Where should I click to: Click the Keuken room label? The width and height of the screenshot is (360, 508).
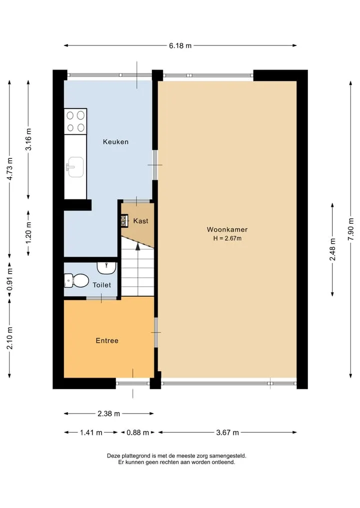[x=115, y=142]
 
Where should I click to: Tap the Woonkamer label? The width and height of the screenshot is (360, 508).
[x=227, y=230]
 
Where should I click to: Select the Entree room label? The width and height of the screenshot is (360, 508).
[x=107, y=341]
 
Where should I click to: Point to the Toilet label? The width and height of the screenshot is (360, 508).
[x=102, y=285]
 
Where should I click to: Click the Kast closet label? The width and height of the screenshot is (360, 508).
[x=141, y=221]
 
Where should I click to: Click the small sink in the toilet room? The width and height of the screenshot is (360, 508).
[x=106, y=268]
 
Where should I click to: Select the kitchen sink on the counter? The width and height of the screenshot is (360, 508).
[x=74, y=167]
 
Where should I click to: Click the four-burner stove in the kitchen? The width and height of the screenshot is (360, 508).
[x=75, y=121]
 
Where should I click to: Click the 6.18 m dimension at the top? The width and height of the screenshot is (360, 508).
[x=180, y=45]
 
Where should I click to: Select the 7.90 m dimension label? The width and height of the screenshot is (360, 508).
[x=350, y=229]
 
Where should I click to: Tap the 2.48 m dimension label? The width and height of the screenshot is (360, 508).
[x=332, y=249]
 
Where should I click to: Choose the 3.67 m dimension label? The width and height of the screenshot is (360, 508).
[x=227, y=433]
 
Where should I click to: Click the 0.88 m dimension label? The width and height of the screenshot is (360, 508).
[x=138, y=433]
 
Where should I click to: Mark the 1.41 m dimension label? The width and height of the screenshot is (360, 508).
[x=91, y=433]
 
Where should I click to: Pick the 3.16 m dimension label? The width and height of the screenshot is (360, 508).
[x=28, y=139]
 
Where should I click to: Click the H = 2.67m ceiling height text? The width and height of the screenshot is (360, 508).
[x=227, y=238]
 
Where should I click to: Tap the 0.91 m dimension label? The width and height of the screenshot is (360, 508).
[x=9, y=280]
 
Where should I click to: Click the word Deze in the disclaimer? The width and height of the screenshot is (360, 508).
[x=113, y=456]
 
